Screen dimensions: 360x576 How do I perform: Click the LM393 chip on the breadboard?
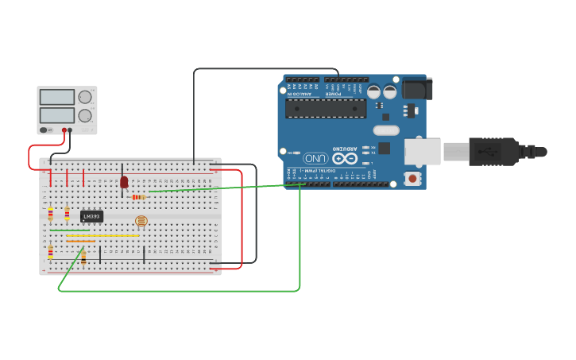point(91,216)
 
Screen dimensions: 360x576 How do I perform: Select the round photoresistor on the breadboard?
point(141,221)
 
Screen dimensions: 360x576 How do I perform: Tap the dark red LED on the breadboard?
point(124,182)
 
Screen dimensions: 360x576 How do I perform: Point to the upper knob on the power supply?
point(84,97)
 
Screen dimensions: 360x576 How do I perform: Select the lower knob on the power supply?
point(84,114)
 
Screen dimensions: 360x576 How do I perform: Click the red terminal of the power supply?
point(64,130)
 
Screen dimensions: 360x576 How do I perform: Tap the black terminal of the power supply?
point(70,130)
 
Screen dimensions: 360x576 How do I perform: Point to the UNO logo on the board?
point(315,157)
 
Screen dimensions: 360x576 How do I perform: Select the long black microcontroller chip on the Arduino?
point(326,108)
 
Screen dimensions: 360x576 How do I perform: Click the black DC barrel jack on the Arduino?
point(416,87)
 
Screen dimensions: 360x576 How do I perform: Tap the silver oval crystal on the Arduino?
point(385,130)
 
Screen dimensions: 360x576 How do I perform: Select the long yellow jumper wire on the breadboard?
point(102,235)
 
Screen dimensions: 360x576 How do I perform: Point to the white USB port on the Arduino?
point(422,151)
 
